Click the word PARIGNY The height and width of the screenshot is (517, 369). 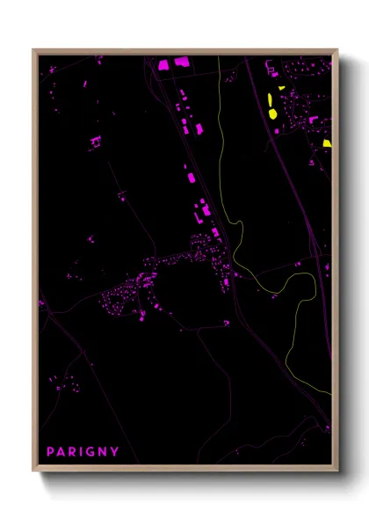(x=83, y=452)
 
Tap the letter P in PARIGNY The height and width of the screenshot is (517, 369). (x=50, y=452)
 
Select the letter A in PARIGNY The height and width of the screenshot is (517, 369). (x=61, y=452)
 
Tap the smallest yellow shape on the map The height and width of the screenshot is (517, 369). (x=282, y=87)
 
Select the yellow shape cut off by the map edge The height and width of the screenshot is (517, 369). (x=327, y=143)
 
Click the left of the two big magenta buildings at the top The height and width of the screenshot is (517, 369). (x=163, y=64)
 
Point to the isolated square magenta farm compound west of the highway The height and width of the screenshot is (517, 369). (x=95, y=141)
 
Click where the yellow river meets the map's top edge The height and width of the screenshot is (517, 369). (x=219, y=57)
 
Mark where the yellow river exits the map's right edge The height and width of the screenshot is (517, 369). (x=331, y=393)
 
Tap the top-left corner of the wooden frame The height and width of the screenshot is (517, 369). (x=33, y=49)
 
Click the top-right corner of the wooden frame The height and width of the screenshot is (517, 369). (x=336, y=49)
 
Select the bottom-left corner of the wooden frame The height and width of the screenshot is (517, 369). (x=33, y=470)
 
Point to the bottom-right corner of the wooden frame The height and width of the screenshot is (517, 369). (x=336, y=470)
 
